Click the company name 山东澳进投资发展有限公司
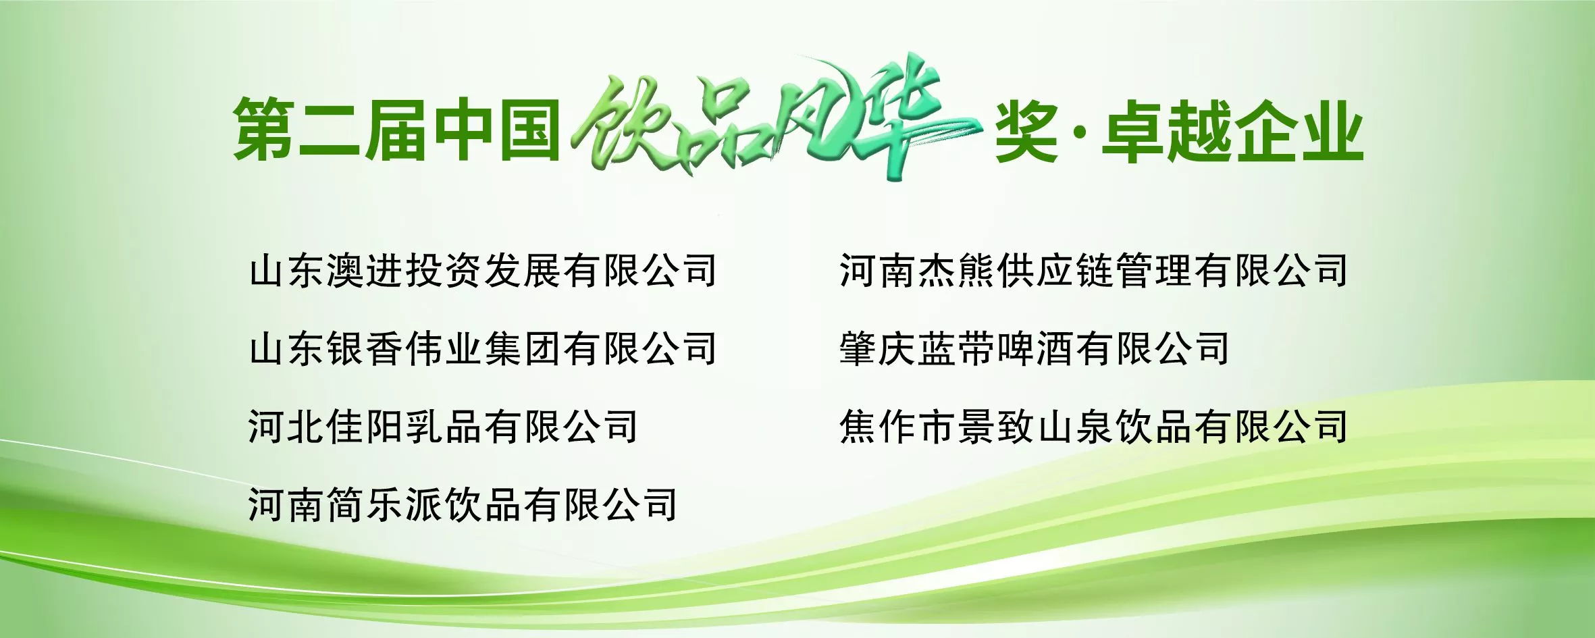coord(483,271)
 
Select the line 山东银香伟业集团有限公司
coord(483,348)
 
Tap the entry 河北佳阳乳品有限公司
coord(444,427)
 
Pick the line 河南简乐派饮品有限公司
coord(463,505)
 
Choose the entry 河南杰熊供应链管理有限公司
coord(1094,271)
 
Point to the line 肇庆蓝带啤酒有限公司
coord(1035,348)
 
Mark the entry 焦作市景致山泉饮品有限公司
coord(1094,427)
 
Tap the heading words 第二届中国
coord(397,130)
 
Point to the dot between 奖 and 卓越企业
coord(1080,132)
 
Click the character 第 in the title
coord(265,130)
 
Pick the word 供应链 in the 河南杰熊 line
coord(1055,271)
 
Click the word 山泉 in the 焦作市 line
coord(1074,427)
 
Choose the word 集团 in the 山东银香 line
coord(523,348)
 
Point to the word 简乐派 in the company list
coord(385,505)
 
